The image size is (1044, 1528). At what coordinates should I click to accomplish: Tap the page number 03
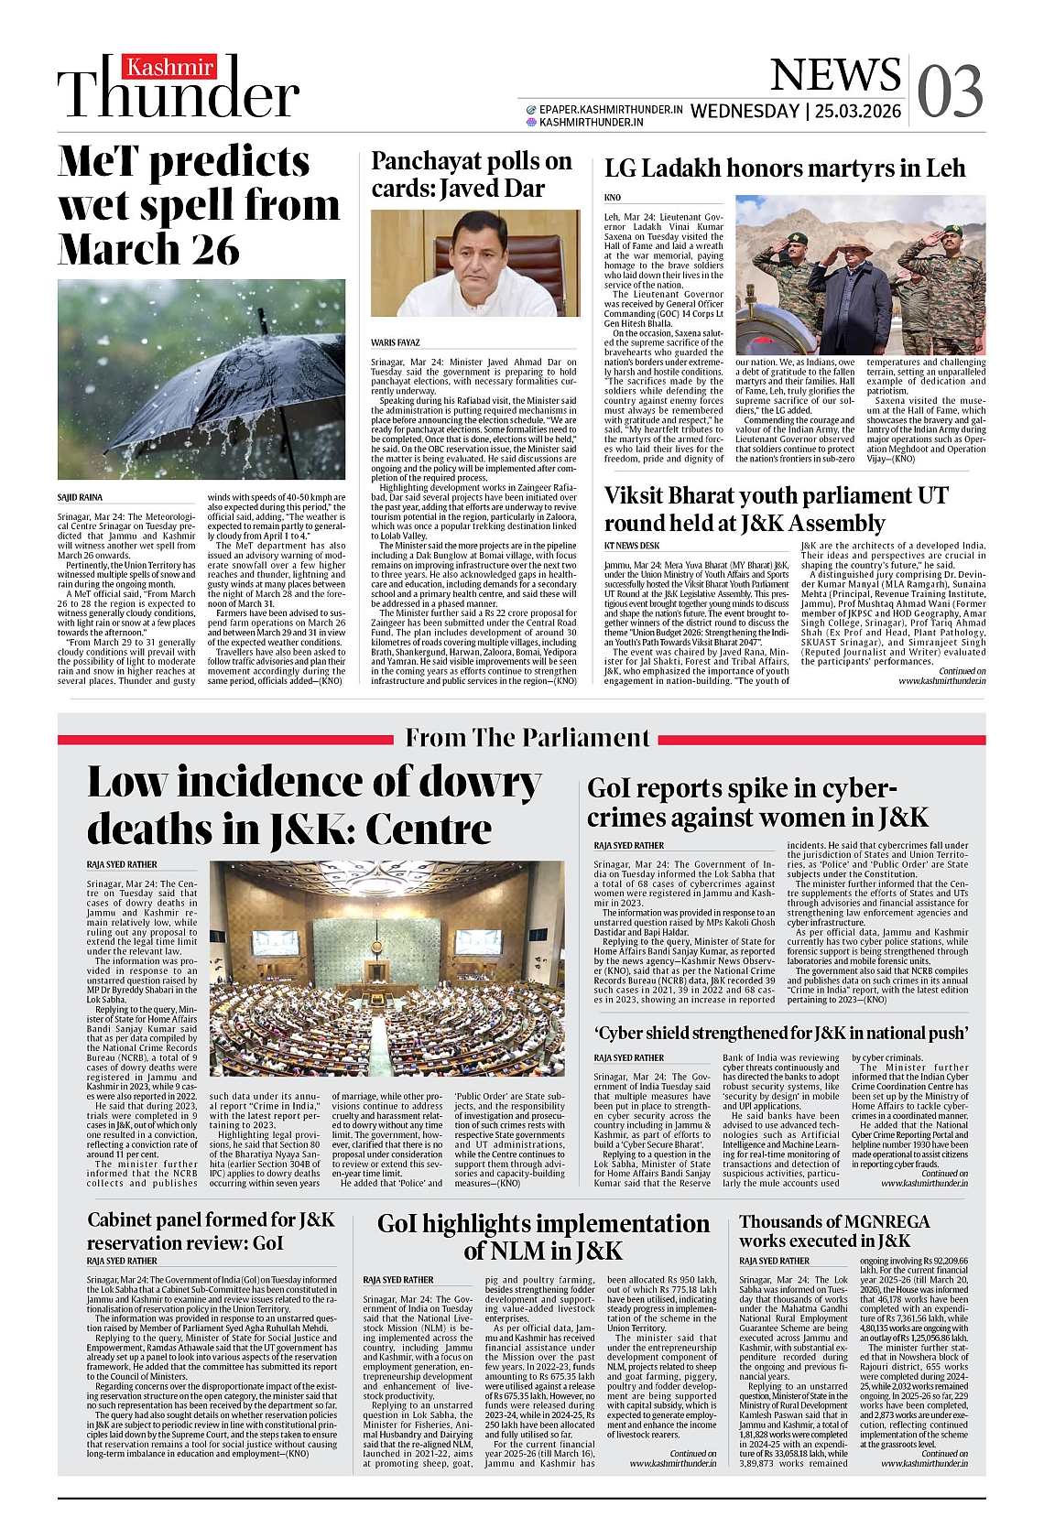950,92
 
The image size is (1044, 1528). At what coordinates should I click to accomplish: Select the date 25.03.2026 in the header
858,112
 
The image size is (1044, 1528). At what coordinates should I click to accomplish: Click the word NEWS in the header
834,75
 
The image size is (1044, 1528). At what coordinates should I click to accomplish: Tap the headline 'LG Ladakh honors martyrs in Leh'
785,169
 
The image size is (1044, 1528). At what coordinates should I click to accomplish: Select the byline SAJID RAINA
81,497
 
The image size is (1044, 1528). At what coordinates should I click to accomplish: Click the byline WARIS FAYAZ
396,342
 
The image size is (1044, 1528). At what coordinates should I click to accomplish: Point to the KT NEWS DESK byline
632,546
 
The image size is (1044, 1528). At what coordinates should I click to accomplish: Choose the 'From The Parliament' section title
527,738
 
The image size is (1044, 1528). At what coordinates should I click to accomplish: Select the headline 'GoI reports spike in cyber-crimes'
757,803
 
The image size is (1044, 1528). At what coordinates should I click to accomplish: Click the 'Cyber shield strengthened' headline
781,1034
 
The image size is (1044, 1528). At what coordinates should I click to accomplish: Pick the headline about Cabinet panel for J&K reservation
212,1231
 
